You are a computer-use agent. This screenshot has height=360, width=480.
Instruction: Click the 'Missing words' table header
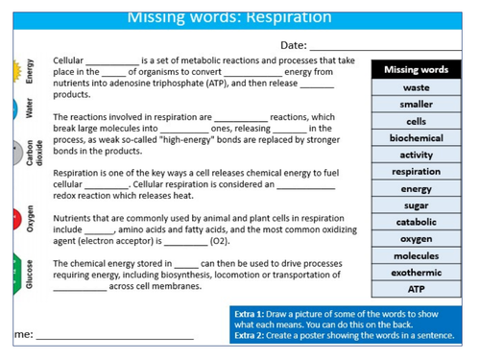click(x=416, y=70)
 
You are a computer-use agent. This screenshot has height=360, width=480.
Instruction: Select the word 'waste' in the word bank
click(x=416, y=87)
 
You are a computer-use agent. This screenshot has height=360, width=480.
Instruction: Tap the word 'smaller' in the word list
click(x=416, y=104)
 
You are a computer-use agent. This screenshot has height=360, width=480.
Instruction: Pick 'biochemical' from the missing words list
click(x=416, y=138)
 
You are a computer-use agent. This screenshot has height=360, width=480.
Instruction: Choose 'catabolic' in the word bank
click(x=416, y=222)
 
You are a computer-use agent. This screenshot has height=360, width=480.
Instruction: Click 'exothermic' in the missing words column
click(x=416, y=273)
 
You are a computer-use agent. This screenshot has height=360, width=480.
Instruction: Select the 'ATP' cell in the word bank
click(x=416, y=289)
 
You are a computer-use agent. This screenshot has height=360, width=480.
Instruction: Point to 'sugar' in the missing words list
click(x=416, y=205)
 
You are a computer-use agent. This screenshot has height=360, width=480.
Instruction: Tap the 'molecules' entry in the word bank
click(x=416, y=256)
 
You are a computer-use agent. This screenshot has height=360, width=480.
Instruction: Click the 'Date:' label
click(x=293, y=45)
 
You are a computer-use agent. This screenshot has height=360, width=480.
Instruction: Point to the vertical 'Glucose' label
click(x=31, y=273)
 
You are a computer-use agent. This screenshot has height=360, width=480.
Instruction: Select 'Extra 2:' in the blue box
click(x=252, y=337)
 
